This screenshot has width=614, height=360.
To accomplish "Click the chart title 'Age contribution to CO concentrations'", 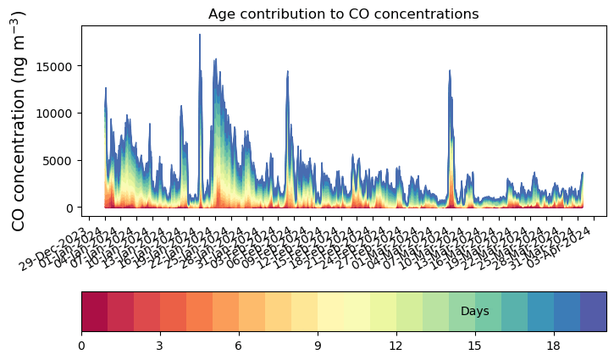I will click(x=343, y=14).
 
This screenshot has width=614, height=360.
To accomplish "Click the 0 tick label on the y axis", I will click(x=71, y=208).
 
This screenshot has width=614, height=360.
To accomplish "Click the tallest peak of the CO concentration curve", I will click(x=200, y=36).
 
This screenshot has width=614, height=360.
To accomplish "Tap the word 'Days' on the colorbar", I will click(x=475, y=312).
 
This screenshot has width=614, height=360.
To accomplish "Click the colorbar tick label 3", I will click(x=159, y=346).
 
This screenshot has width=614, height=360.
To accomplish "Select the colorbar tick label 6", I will click(x=238, y=346).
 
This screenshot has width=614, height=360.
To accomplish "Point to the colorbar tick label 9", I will click(x=317, y=346).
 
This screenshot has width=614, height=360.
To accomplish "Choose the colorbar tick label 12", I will click(x=396, y=346).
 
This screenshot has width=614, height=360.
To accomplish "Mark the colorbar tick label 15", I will click(x=475, y=346).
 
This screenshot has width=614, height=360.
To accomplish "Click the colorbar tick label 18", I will click(x=554, y=346).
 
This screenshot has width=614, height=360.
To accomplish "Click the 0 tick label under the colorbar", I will click(x=81, y=346).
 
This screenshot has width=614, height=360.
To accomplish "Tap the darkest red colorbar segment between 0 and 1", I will click(x=94, y=312).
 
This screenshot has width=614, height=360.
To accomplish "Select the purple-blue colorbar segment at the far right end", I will click(x=593, y=312).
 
